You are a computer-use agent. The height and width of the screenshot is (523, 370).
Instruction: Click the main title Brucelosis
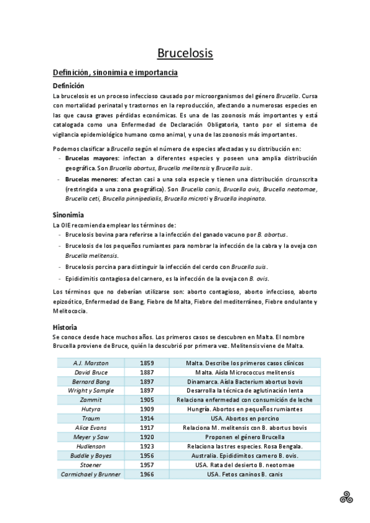pos(185,54)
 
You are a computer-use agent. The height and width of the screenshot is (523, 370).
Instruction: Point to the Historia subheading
pos(65,327)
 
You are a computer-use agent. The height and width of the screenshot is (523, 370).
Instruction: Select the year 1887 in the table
pos(146,373)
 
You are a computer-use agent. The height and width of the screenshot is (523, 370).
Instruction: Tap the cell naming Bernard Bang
pos(91,382)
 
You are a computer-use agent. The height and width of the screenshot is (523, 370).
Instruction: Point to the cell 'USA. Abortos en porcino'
pos(245,419)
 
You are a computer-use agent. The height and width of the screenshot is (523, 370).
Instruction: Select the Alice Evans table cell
pos(91,427)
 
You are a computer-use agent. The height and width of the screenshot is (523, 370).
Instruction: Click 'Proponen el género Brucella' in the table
pos(245,437)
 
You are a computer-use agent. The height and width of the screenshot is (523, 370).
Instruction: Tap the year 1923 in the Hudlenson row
pos(146,446)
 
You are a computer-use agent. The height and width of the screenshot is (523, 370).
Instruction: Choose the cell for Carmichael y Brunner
pos(91,474)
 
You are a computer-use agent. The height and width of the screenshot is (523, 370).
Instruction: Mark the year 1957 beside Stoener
pos(146,464)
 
